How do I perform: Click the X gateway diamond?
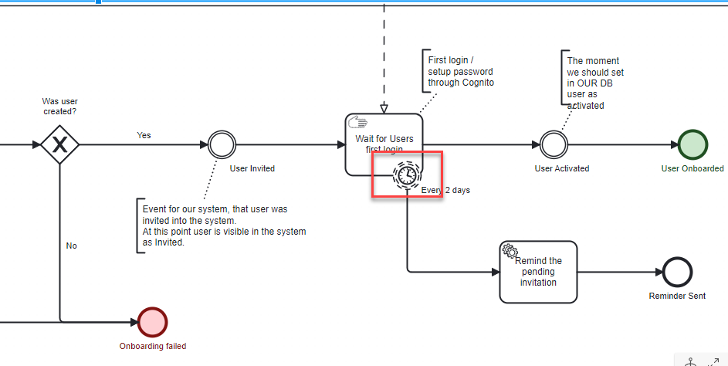tap(59, 144)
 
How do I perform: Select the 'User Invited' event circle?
tap(222, 144)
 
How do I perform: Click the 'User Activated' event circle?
tap(554, 144)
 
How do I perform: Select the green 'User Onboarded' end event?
tap(692, 144)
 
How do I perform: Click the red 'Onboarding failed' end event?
tap(152, 322)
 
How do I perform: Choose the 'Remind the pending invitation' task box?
tap(538, 272)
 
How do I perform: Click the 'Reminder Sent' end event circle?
tap(677, 272)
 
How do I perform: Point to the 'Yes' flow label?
tap(144, 135)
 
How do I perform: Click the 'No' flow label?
tap(72, 246)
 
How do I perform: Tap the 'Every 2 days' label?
tap(445, 190)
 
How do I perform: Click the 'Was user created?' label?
tap(59, 107)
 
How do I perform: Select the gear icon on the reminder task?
tap(510, 250)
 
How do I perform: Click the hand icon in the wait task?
tap(357, 122)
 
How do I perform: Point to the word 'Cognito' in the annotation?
tap(478, 83)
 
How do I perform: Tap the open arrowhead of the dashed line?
tap(384, 108)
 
